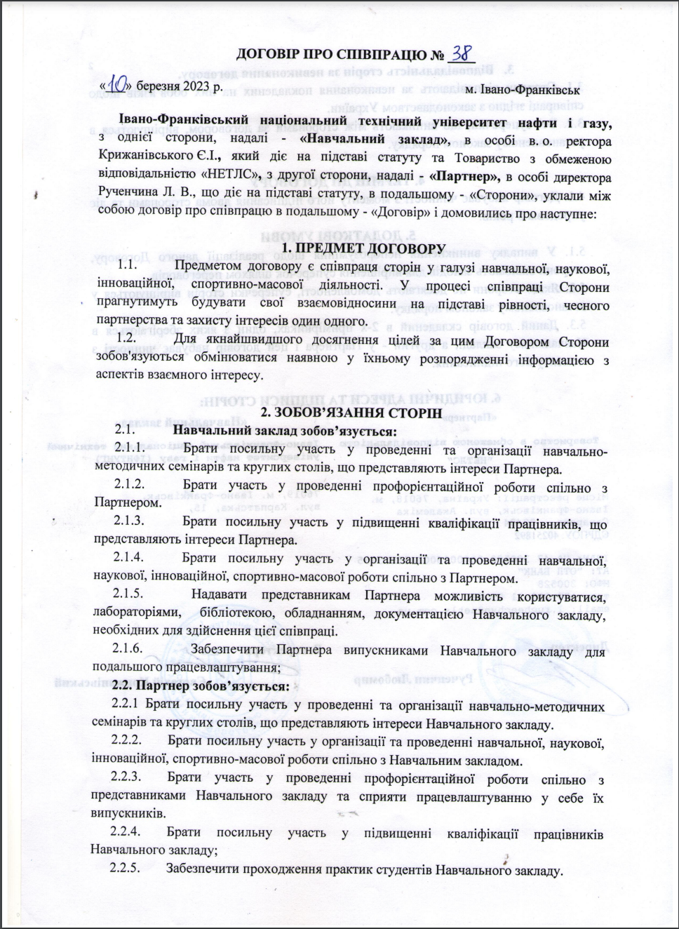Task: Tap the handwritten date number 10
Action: pyautogui.click(x=117, y=85)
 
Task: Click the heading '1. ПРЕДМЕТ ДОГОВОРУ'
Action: pyautogui.click(x=363, y=248)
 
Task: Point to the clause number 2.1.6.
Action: pyautogui.click(x=129, y=648)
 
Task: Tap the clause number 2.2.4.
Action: pyautogui.click(x=127, y=832)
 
